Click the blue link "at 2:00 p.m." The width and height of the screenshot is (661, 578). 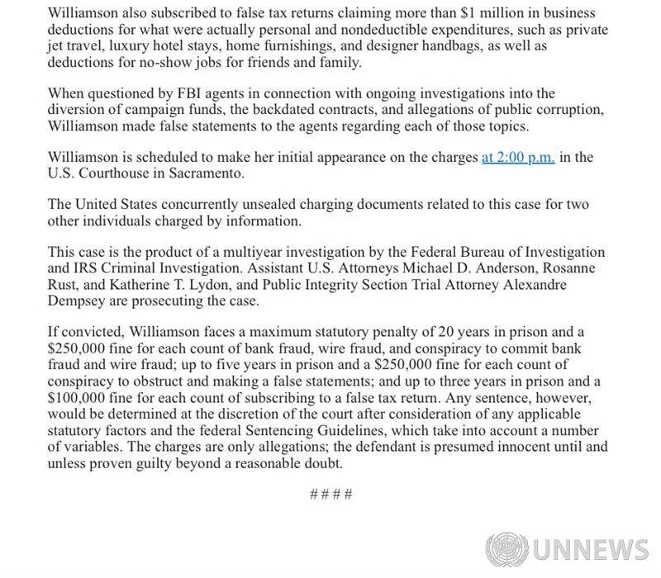click(x=517, y=158)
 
